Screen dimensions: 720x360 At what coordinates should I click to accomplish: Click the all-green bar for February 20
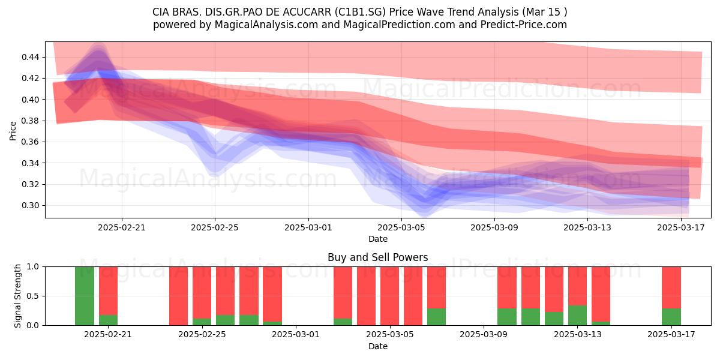click(85, 296)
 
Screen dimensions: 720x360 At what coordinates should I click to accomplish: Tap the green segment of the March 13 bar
click(577, 316)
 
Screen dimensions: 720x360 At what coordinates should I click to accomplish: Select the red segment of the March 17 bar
click(671, 287)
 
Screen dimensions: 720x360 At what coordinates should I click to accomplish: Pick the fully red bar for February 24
click(178, 296)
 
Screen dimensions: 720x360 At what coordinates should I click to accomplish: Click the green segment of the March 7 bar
click(437, 317)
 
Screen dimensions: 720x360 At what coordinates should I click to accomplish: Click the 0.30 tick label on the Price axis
click(30, 205)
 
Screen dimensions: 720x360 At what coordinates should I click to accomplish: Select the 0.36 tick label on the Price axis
click(30, 142)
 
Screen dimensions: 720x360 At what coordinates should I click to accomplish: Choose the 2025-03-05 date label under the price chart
click(401, 227)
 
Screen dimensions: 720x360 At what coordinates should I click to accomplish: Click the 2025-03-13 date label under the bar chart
click(578, 335)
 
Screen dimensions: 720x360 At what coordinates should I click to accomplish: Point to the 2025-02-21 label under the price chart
click(121, 227)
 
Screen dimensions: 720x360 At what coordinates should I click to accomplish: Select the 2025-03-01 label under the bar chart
click(296, 335)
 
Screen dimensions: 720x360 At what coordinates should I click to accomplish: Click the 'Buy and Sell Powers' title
click(377, 257)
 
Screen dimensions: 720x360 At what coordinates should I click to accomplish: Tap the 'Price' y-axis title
click(13, 131)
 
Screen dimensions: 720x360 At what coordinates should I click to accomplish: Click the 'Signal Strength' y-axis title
click(17, 296)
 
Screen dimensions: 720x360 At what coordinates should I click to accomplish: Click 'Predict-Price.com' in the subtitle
click(524, 25)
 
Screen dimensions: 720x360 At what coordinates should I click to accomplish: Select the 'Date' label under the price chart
click(378, 239)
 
